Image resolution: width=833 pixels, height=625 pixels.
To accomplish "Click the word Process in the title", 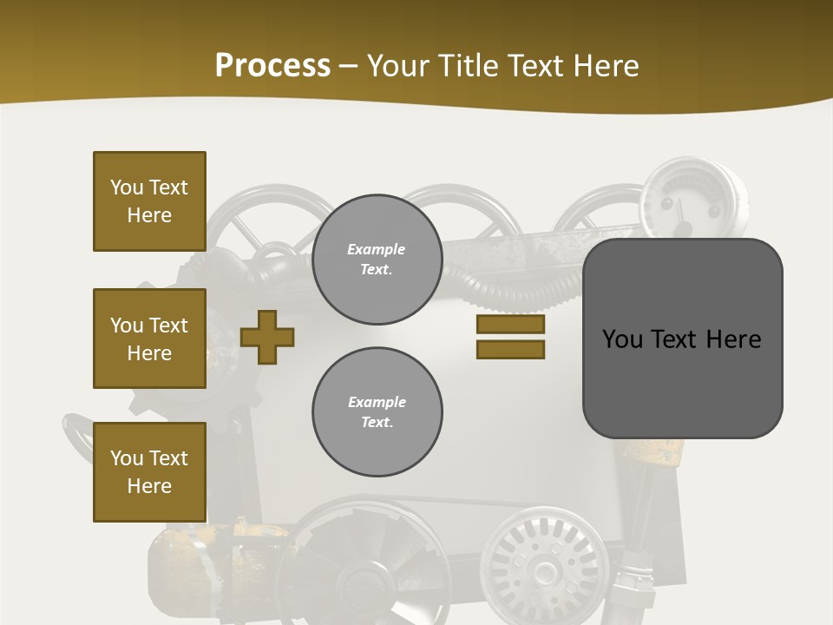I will [x=272, y=66].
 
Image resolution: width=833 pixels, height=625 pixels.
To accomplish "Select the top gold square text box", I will [x=149, y=201].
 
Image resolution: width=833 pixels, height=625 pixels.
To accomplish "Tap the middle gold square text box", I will [x=149, y=339].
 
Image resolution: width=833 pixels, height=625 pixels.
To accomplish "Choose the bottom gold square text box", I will [x=149, y=472].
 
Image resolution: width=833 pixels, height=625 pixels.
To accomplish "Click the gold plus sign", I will [x=267, y=337].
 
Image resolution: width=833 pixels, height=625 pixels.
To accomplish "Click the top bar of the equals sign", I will [x=510, y=325].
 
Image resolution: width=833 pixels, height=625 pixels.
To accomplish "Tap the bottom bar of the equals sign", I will [x=510, y=350].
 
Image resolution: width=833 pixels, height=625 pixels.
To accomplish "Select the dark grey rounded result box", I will [x=682, y=382].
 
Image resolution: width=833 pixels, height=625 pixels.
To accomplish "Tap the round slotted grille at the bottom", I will [x=544, y=560].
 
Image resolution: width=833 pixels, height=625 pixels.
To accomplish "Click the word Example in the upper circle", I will [x=377, y=249].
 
